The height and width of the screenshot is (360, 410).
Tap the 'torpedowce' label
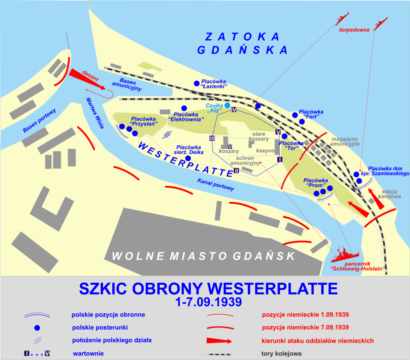click(354, 30)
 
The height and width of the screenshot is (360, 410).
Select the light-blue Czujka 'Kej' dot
click(228, 105)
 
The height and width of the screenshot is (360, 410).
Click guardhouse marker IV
click(234, 110)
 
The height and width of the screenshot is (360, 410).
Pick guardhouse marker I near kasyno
click(279, 159)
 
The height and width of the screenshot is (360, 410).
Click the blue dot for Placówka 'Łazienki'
click(196, 83)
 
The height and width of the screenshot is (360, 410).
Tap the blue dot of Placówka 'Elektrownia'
click(184, 108)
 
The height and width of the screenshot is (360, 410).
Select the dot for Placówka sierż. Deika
click(187, 158)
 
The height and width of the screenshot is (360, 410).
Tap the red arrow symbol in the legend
click(219, 341)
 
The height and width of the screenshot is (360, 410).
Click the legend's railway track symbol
click(219, 354)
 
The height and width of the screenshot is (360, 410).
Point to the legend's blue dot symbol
click(37, 328)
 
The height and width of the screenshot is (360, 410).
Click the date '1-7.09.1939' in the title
click(208, 302)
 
